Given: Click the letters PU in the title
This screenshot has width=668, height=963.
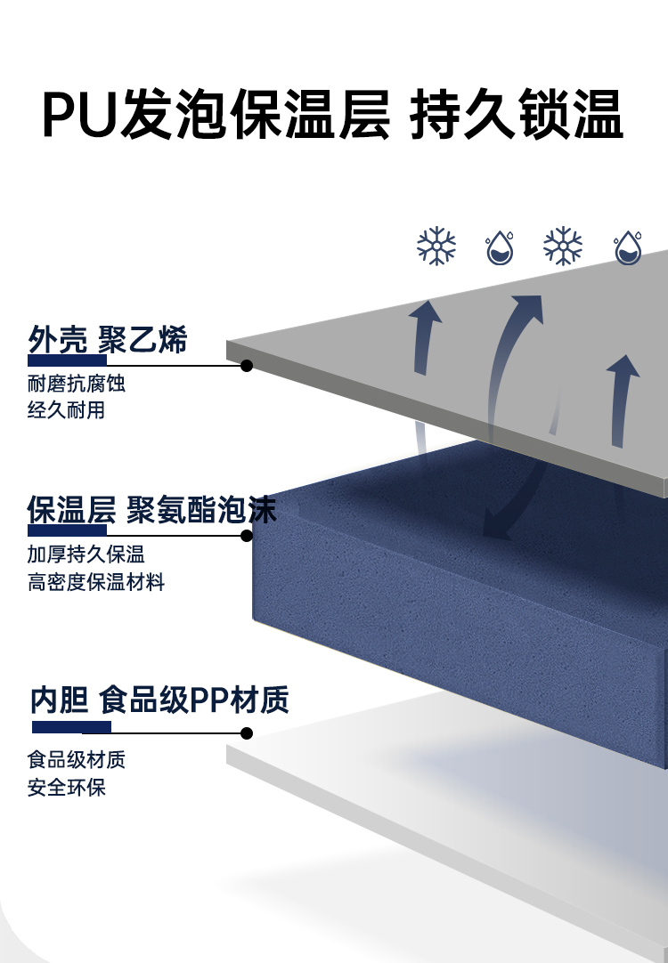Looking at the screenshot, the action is pyautogui.click(x=80, y=114).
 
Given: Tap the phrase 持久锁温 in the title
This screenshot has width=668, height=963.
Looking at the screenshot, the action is pyautogui.click(x=516, y=114).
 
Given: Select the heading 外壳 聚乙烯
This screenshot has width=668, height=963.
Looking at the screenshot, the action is pyautogui.click(x=107, y=339).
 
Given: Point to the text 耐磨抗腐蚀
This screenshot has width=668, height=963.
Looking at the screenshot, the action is pyautogui.click(x=77, y=384).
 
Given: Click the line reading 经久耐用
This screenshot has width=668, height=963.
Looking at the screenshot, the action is pyautogui.click(x=66, y=411).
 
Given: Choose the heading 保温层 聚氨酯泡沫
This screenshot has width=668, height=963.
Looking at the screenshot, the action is pyautogui.click(x=151, y=510).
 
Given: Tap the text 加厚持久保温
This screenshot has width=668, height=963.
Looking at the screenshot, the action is pyautogui.click(x=86, y=555).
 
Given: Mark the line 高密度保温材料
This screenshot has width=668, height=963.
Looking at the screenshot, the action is pyautogui.click(x=96, y=583).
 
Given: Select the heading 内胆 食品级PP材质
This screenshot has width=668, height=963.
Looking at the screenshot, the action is pyautogui.click(x=159, y=700).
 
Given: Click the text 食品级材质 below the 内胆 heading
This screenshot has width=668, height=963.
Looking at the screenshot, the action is pyautogui.click(x=77, y=760).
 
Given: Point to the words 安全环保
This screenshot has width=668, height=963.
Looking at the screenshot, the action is pyautogui.click(x=66, y=788).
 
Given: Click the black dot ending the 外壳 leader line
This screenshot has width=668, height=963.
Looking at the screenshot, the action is pyautogui.click(x=247, y=365).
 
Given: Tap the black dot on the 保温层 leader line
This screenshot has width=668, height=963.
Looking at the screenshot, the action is pyautogui.click(x=247, y=535).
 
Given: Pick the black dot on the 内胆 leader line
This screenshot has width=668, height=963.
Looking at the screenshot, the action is pyautogui.click(x=247, y=733).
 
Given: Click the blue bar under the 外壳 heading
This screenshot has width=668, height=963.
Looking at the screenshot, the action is pyautogui.click(x=67, y=360).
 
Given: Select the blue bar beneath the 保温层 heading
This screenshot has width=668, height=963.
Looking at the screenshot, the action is pyautogui.click(x=67, y=530).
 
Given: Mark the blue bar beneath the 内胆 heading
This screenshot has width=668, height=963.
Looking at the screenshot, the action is pyautogui.click(x=71, y=727).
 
